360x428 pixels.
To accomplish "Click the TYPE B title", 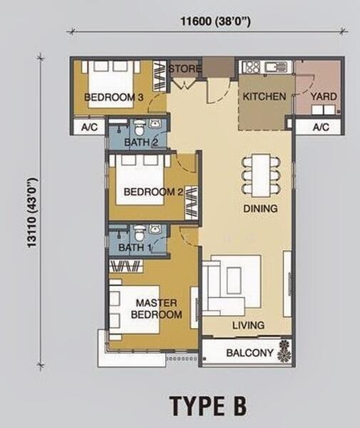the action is [x=208, y=405].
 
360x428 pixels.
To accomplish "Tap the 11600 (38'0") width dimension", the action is [x=216, y=21].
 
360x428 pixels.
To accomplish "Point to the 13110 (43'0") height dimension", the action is [x=32, y=213].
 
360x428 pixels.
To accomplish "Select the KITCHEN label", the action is [x=264, y=96].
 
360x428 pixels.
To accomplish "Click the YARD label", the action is [x=324, y=96].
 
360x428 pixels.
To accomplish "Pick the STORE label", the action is [x=185, y=68].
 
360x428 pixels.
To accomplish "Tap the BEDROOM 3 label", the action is [x=114, y=97].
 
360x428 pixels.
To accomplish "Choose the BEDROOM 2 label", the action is [x=153, y=192].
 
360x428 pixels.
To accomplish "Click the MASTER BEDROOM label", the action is [x=157, y=309].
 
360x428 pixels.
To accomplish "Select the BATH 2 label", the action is [x=141, y=142].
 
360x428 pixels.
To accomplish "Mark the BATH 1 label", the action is [x=135, y=248].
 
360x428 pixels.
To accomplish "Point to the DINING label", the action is [x=260, y=208].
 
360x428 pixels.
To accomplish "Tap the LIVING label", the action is [x=249, y=325].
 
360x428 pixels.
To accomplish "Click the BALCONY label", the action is [x=250, y=353].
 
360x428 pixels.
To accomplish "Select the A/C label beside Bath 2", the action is [x=89, y=127].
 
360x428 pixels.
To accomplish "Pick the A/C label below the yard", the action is [x=321, y=127].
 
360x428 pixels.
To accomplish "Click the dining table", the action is [x=261, y=175].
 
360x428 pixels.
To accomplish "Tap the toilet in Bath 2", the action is [x=139, y=128].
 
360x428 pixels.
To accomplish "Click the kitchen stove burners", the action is [x=251, y=67].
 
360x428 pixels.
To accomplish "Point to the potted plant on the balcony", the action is [x=284, y=352].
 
